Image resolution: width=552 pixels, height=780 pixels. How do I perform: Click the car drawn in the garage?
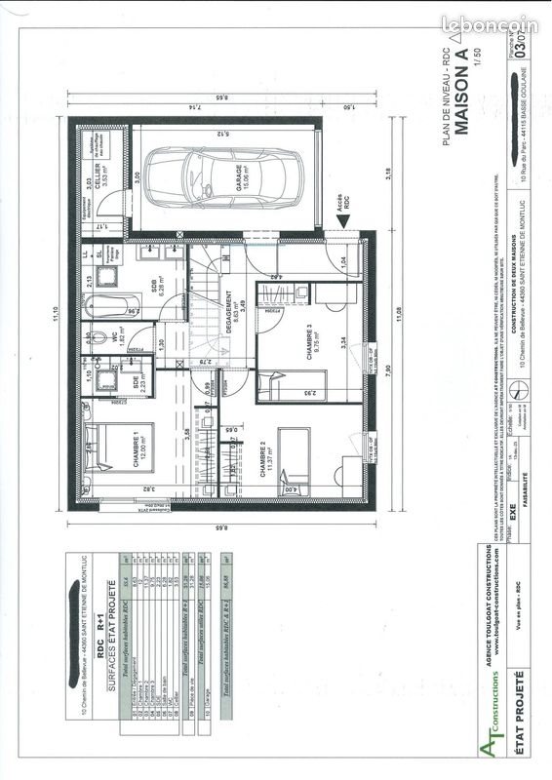tap(227, 176)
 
